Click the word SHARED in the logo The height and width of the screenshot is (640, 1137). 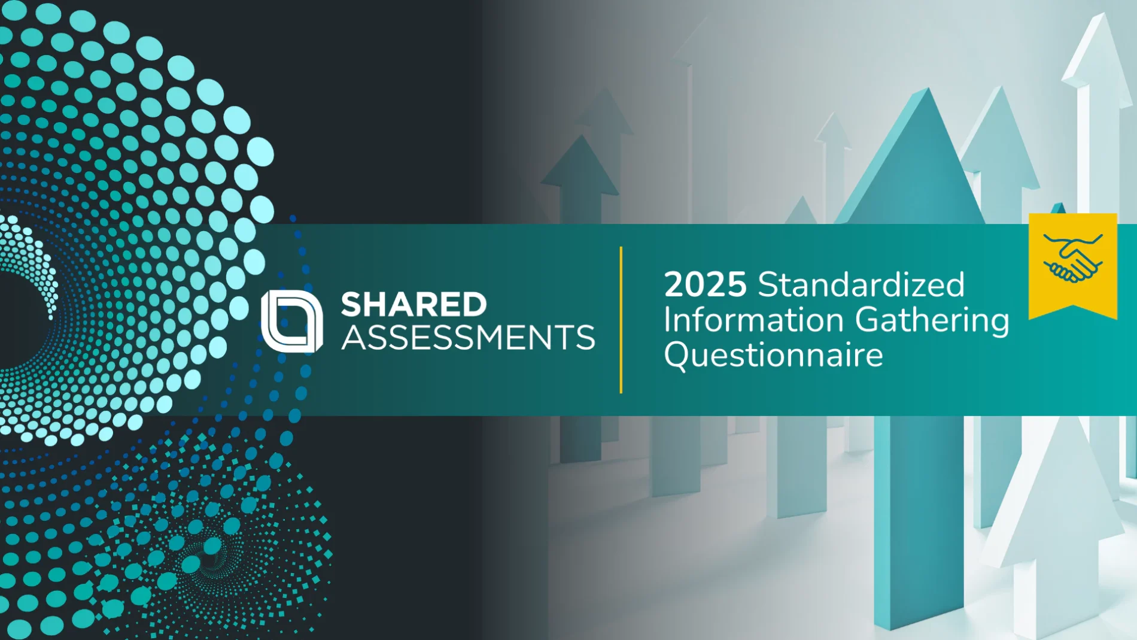pos(414,304)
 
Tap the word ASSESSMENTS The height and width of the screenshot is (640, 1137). pos(468,338)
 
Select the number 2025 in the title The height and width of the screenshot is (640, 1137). pos(705,284)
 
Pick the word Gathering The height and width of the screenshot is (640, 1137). pos(932,321)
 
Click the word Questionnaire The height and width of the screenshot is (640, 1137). pos(774,356)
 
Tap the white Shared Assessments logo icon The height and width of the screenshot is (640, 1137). pos(292,321)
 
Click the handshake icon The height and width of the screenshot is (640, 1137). pos(1073,259)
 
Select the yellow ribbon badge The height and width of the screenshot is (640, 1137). pos(1073,266)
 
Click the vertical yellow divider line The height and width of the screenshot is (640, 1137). pos(621,320)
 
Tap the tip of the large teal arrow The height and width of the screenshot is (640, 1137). pos(928,89)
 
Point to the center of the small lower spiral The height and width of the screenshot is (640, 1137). pos(209,560)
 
